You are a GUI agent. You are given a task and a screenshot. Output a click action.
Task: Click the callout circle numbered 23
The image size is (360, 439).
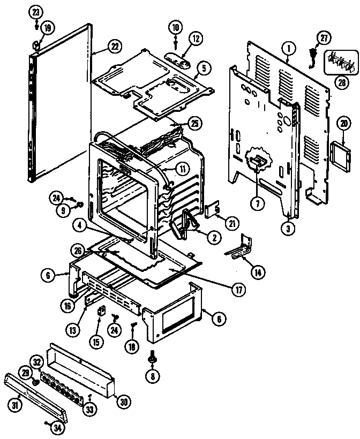point(36,11)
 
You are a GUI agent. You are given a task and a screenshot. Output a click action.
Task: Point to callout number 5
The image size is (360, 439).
point(204,68)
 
